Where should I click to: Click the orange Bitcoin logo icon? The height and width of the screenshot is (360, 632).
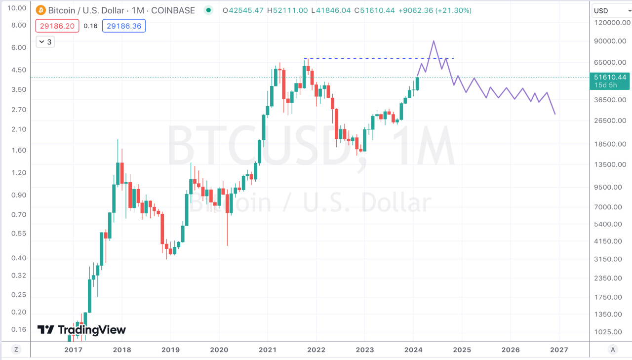pos(40,10)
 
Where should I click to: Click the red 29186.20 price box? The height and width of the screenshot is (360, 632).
pos(57,26)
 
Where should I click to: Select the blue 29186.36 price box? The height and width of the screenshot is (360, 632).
pos(123,26)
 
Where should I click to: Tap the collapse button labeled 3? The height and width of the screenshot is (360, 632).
pos(45,42)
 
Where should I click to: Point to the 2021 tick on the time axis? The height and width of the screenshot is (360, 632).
pos(267,350)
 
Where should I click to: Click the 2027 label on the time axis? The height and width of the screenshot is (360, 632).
pos(558,350)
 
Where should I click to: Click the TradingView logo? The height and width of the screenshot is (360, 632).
pos(82,330)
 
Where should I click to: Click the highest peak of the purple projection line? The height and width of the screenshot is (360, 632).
pos(434,41)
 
